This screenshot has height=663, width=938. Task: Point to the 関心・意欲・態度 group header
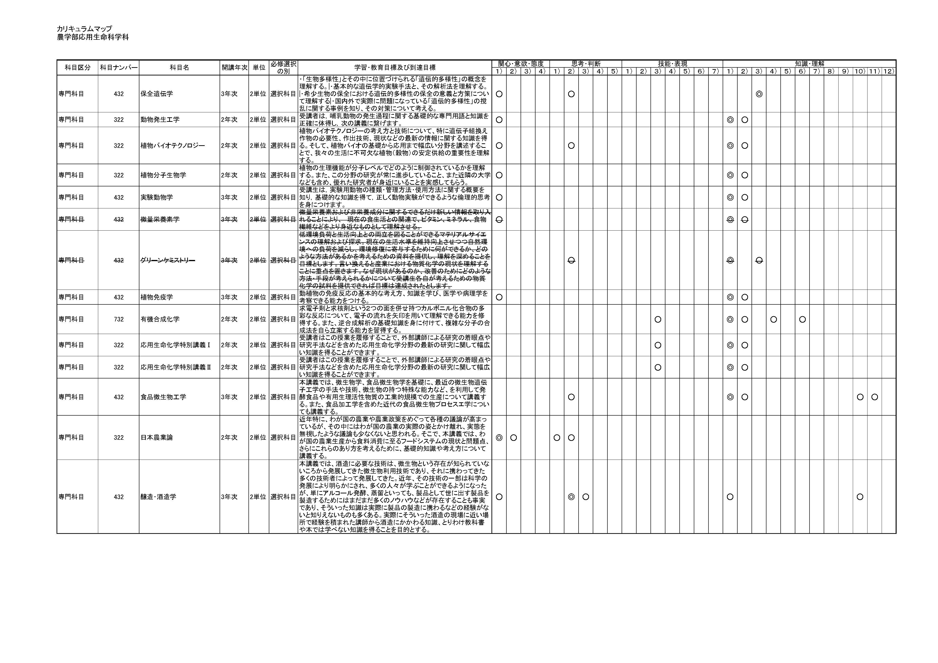(521, 64)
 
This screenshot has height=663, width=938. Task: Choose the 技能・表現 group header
(672, 64)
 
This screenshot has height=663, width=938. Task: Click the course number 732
(119, 320)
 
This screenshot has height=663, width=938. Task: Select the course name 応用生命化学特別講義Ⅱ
(176, 367)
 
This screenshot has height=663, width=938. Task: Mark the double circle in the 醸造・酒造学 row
(571, 497)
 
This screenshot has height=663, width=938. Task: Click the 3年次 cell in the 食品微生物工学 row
(229, 397)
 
